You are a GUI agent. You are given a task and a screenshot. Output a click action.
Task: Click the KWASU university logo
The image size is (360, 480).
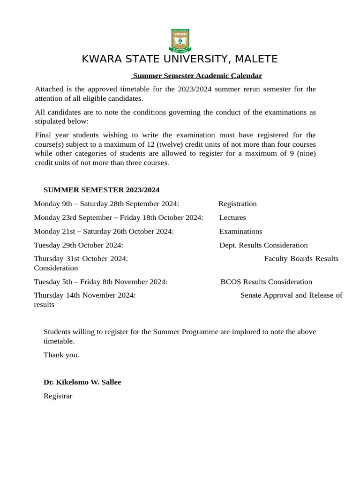[x=180, y=41]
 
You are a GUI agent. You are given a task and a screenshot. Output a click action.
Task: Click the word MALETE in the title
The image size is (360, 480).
[x=256, y=59]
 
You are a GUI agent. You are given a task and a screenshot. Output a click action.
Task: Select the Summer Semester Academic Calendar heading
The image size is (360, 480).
[x=197, y=75]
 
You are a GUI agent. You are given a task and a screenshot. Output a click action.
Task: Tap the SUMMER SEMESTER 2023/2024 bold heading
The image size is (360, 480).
[x=101, y=190]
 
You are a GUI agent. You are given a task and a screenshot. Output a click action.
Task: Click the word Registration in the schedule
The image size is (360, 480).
[x=238, y=204]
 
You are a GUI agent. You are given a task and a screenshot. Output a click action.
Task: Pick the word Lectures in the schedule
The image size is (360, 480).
[x=232, y=217]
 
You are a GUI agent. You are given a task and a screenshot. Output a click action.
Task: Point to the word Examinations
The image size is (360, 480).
[x=240, y=231]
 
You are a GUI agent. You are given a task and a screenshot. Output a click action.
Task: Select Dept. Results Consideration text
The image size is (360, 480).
[x=263, y=245]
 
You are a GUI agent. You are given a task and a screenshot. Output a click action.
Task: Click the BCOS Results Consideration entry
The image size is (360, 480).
[x=266, y=282]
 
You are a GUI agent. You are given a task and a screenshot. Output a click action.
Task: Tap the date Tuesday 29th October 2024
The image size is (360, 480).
[x=78, y=245]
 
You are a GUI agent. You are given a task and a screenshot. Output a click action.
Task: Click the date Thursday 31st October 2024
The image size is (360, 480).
[x=81, y=259]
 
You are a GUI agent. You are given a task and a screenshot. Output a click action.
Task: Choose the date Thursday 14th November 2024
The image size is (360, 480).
[x=85, y=295]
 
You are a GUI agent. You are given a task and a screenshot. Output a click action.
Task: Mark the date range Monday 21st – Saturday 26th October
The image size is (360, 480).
[x=104, y=231]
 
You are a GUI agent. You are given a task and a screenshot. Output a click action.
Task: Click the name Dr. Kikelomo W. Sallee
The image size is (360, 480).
[x=82, y=382]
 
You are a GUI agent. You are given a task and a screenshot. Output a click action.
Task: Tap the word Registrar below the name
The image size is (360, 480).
[x=58, y=396]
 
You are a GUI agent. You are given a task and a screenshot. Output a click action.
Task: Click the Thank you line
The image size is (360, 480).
[x=61, y=355]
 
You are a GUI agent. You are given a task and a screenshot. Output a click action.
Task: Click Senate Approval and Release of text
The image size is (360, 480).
[x=291, y=295]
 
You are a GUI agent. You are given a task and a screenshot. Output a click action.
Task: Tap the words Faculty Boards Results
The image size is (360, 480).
[x=301, y=259]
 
